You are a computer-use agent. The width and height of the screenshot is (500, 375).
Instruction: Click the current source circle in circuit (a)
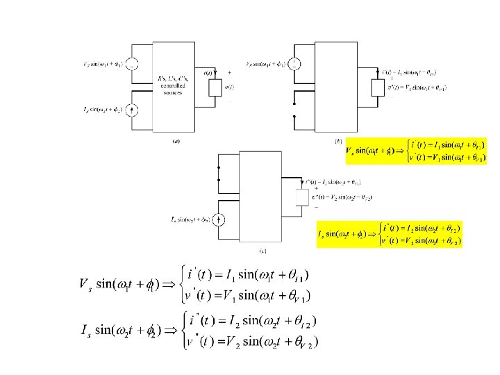tap(133, 109)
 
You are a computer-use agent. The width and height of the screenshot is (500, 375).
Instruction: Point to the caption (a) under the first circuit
tap(176, 142)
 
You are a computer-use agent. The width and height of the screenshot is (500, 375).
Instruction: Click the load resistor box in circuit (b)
tap(377, 87)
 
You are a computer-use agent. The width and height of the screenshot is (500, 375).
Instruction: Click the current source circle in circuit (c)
tap(219, 220)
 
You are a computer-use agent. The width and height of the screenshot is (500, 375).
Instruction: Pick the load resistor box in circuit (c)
tap(301, 197)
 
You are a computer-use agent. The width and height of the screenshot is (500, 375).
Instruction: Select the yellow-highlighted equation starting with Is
tap(390, 234)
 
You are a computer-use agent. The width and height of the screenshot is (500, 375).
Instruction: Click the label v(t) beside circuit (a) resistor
tap(231, 87)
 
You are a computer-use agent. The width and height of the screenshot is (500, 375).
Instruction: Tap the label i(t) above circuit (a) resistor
tap(208, 73)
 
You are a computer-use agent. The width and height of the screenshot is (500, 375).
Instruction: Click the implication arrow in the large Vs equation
tap(169, 285)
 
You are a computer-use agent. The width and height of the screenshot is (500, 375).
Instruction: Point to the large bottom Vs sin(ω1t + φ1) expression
tap(118, 285)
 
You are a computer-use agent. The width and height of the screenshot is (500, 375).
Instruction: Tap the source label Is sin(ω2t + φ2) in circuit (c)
tap(192, 220)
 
